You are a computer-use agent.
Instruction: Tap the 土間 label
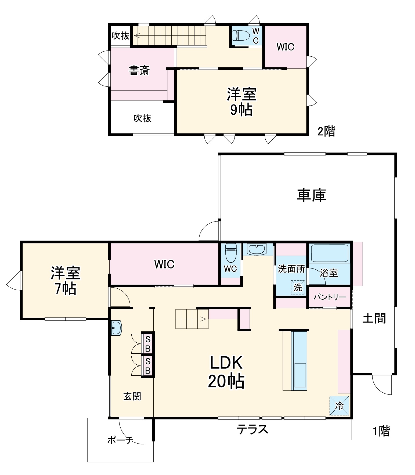(x=374, y=318)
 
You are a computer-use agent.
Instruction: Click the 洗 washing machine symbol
(x=298, y=287)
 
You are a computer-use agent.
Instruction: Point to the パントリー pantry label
(x=330, y=297)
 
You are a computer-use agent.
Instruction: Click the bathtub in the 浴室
(x=329, y=253)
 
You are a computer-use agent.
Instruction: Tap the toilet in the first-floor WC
(x=230, y=252)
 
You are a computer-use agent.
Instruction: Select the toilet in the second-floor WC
(x=240, y=35)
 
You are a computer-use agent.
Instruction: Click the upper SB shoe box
(x=148, y=344)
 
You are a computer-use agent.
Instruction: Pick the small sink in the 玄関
(x=117, y=328)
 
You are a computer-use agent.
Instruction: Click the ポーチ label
(x=120, y=440)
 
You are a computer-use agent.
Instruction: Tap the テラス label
(x=252, y=429)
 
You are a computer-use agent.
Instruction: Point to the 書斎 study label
(x=139, y=70)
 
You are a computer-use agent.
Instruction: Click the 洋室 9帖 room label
(x=241, y=102)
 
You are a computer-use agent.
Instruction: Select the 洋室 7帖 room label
(x=65, y=281)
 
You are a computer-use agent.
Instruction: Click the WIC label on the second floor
(x=285, y=47)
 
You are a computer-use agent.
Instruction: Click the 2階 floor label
(x=326, y=132)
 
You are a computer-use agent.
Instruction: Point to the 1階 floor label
(x=381, y=431)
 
